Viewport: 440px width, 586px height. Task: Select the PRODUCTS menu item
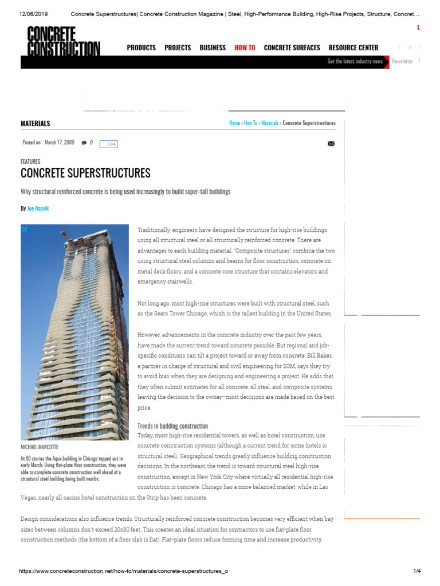141,47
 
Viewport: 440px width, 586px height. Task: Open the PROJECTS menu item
178,47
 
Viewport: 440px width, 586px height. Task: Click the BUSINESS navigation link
213,47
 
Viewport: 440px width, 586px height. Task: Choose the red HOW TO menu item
245,47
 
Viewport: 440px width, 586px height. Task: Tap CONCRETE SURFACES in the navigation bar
292,47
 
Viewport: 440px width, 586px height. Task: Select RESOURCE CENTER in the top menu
353,47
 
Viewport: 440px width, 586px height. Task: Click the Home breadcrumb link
234,123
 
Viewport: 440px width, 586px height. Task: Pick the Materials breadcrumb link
270,123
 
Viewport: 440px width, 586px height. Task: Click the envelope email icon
331,144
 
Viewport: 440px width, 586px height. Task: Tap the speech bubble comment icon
84,142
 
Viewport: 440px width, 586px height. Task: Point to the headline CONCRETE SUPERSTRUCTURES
85,173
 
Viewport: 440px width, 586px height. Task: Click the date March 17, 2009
59,142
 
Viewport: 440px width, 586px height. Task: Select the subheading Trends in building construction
172,426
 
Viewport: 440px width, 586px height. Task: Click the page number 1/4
417,571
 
